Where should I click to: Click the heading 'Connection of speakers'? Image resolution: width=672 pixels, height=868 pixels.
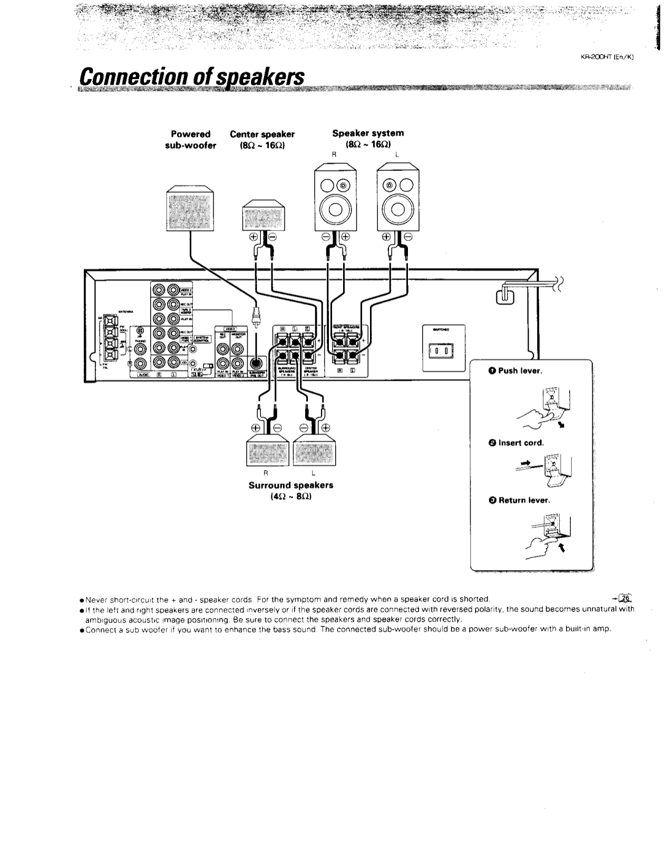click(x=191, y=78)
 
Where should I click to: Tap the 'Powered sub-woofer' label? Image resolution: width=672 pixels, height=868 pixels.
click(x=190, y=140)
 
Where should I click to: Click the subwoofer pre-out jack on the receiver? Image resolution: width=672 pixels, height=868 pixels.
click(x=256, y=363)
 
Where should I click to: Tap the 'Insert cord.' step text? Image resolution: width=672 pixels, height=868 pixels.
click(x=517, y=442)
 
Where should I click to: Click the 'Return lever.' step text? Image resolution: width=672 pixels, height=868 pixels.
click(x=520, y=500)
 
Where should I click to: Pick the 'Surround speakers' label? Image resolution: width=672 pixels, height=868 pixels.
click(x=290, y=485)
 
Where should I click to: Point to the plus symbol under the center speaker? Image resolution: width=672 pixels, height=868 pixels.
click(x=253, y=237)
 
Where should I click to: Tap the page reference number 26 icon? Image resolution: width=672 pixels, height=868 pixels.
click(x=626, y=598)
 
